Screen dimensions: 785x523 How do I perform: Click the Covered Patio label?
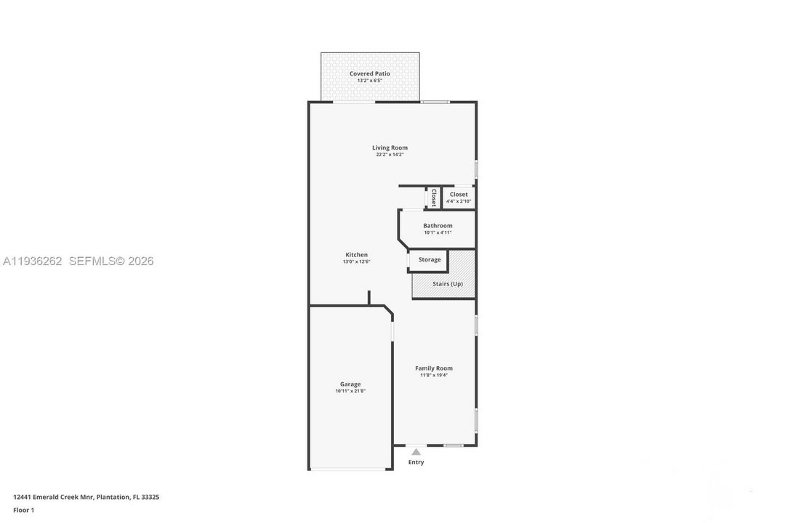[x=369, y=73]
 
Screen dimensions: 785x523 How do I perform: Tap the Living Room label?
[x=390, y=147]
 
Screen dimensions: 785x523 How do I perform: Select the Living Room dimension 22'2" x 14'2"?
[x=390, y=155]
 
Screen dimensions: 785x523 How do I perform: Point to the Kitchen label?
[x=356, y=255]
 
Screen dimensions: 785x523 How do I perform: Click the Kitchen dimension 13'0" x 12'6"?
[x=356, y=261]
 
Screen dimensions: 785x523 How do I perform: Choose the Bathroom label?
[x=438, y=226]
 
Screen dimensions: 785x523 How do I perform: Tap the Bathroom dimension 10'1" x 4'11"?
[x=438, y=232]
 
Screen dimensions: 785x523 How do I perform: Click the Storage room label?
[x=430, y=260]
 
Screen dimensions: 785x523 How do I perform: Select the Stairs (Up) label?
[x=448, y=284]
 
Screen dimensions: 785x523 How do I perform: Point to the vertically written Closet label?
[x=433, y=198]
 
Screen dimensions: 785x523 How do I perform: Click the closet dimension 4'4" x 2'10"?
[x=459, y=202]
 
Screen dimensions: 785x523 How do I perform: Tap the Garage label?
[x=350, y=384]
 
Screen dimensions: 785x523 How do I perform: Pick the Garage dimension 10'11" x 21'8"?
[x=350, y=392]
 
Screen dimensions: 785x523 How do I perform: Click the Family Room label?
[x=433, y=368]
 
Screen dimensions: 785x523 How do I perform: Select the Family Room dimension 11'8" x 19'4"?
[x=433, y=376]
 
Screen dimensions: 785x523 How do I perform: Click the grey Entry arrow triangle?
[x=416, y=452]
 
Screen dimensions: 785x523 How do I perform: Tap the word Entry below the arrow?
[x=416, y=463]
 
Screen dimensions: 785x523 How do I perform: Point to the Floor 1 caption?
[x=23, y=511]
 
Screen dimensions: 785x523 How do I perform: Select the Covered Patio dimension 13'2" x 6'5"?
[x=369, y=81]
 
